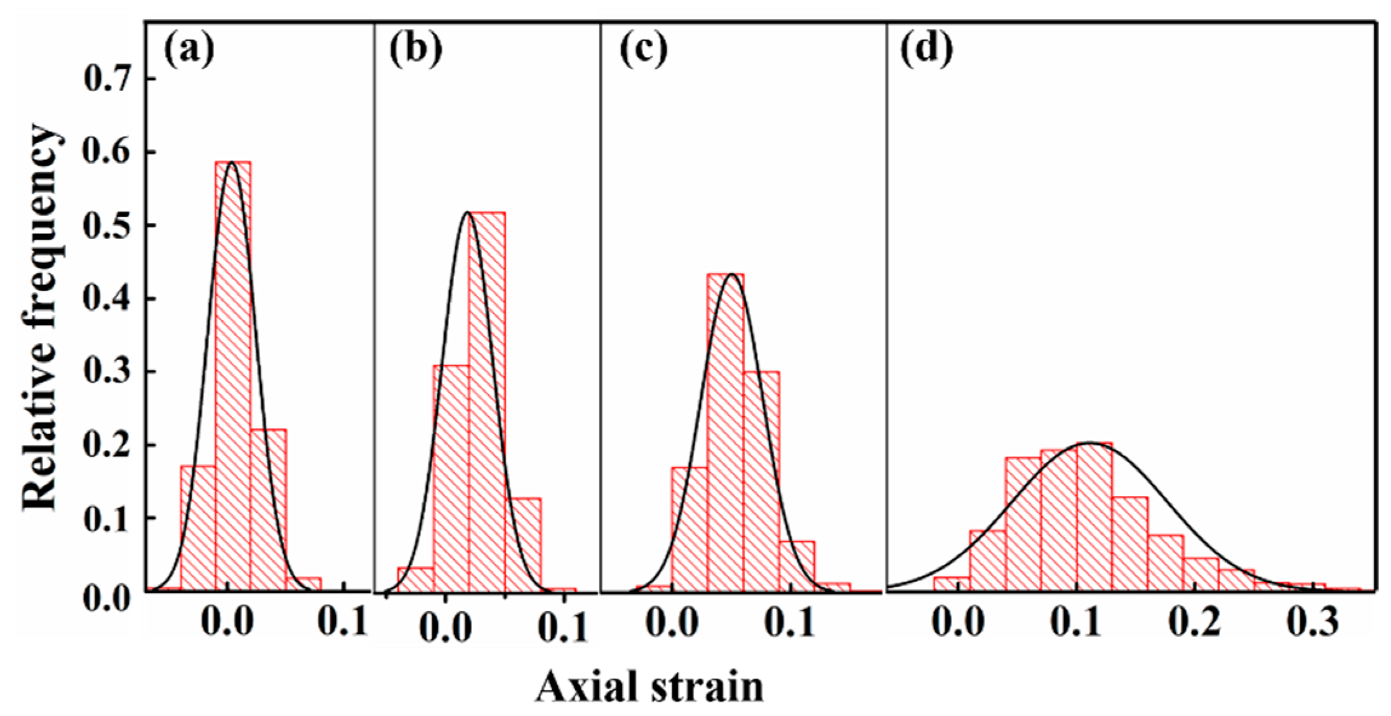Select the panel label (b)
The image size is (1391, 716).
click(x=416, y=51)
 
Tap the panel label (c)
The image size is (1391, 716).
click(x=643, y=51)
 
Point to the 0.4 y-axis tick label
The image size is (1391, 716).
click(x=109, y=299)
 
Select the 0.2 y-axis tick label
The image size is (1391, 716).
click(x=109, y=446)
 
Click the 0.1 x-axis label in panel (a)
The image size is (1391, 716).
click(x=344, y=623)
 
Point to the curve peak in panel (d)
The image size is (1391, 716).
click(x=1090, y=443)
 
